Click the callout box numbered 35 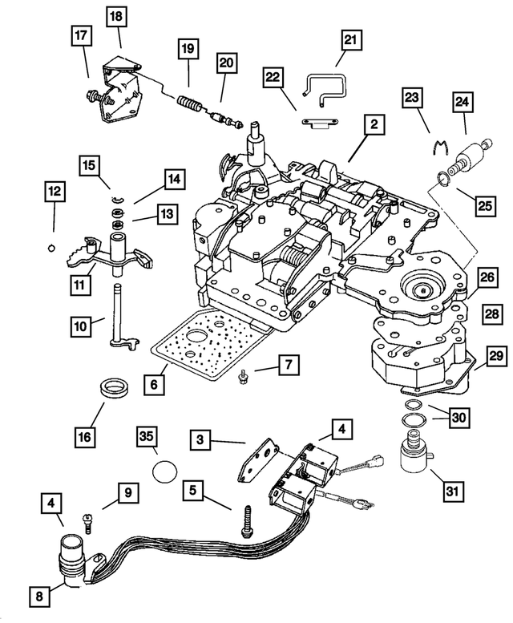coord(145,437)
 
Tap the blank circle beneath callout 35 coord(163,470)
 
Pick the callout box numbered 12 coord(54,192)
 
